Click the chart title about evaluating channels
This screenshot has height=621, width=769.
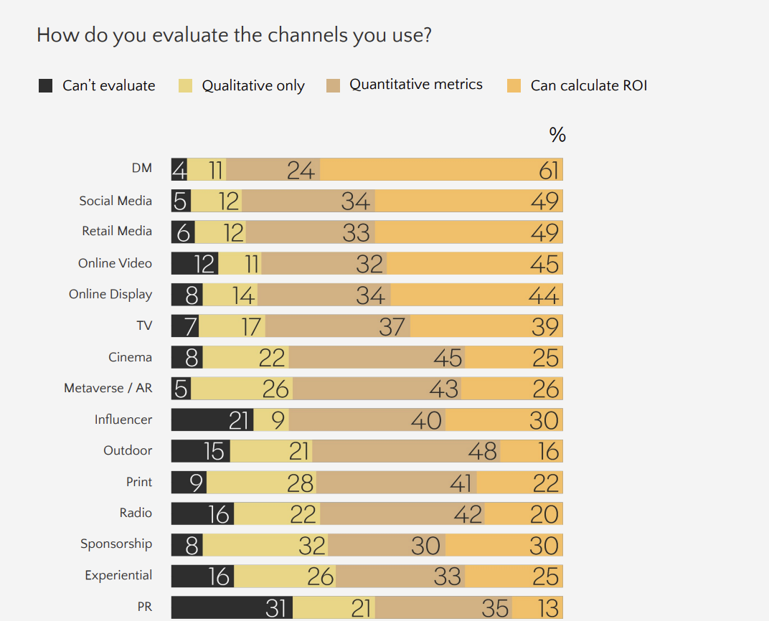234,34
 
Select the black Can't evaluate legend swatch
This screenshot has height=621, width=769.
46,86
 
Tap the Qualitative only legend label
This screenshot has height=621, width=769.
253,86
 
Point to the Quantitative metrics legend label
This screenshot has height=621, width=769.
415,85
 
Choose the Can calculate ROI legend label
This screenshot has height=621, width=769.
588,86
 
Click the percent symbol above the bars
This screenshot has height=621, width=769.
557,135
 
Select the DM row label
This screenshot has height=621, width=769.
141,169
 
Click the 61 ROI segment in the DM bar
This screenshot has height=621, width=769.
441,170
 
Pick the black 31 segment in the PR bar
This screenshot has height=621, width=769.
232,608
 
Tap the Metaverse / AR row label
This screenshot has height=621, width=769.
108,388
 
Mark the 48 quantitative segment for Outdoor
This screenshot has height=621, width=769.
406,451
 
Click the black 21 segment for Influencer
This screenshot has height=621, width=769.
212,419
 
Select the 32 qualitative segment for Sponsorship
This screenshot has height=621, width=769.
265,546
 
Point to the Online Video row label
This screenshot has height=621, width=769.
115,263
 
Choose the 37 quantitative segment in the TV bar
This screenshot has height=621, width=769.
337,326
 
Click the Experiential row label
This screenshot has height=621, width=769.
118,575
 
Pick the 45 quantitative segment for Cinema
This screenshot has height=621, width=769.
376,357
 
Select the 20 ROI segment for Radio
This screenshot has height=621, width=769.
524,514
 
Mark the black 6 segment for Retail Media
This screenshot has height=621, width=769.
183,232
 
